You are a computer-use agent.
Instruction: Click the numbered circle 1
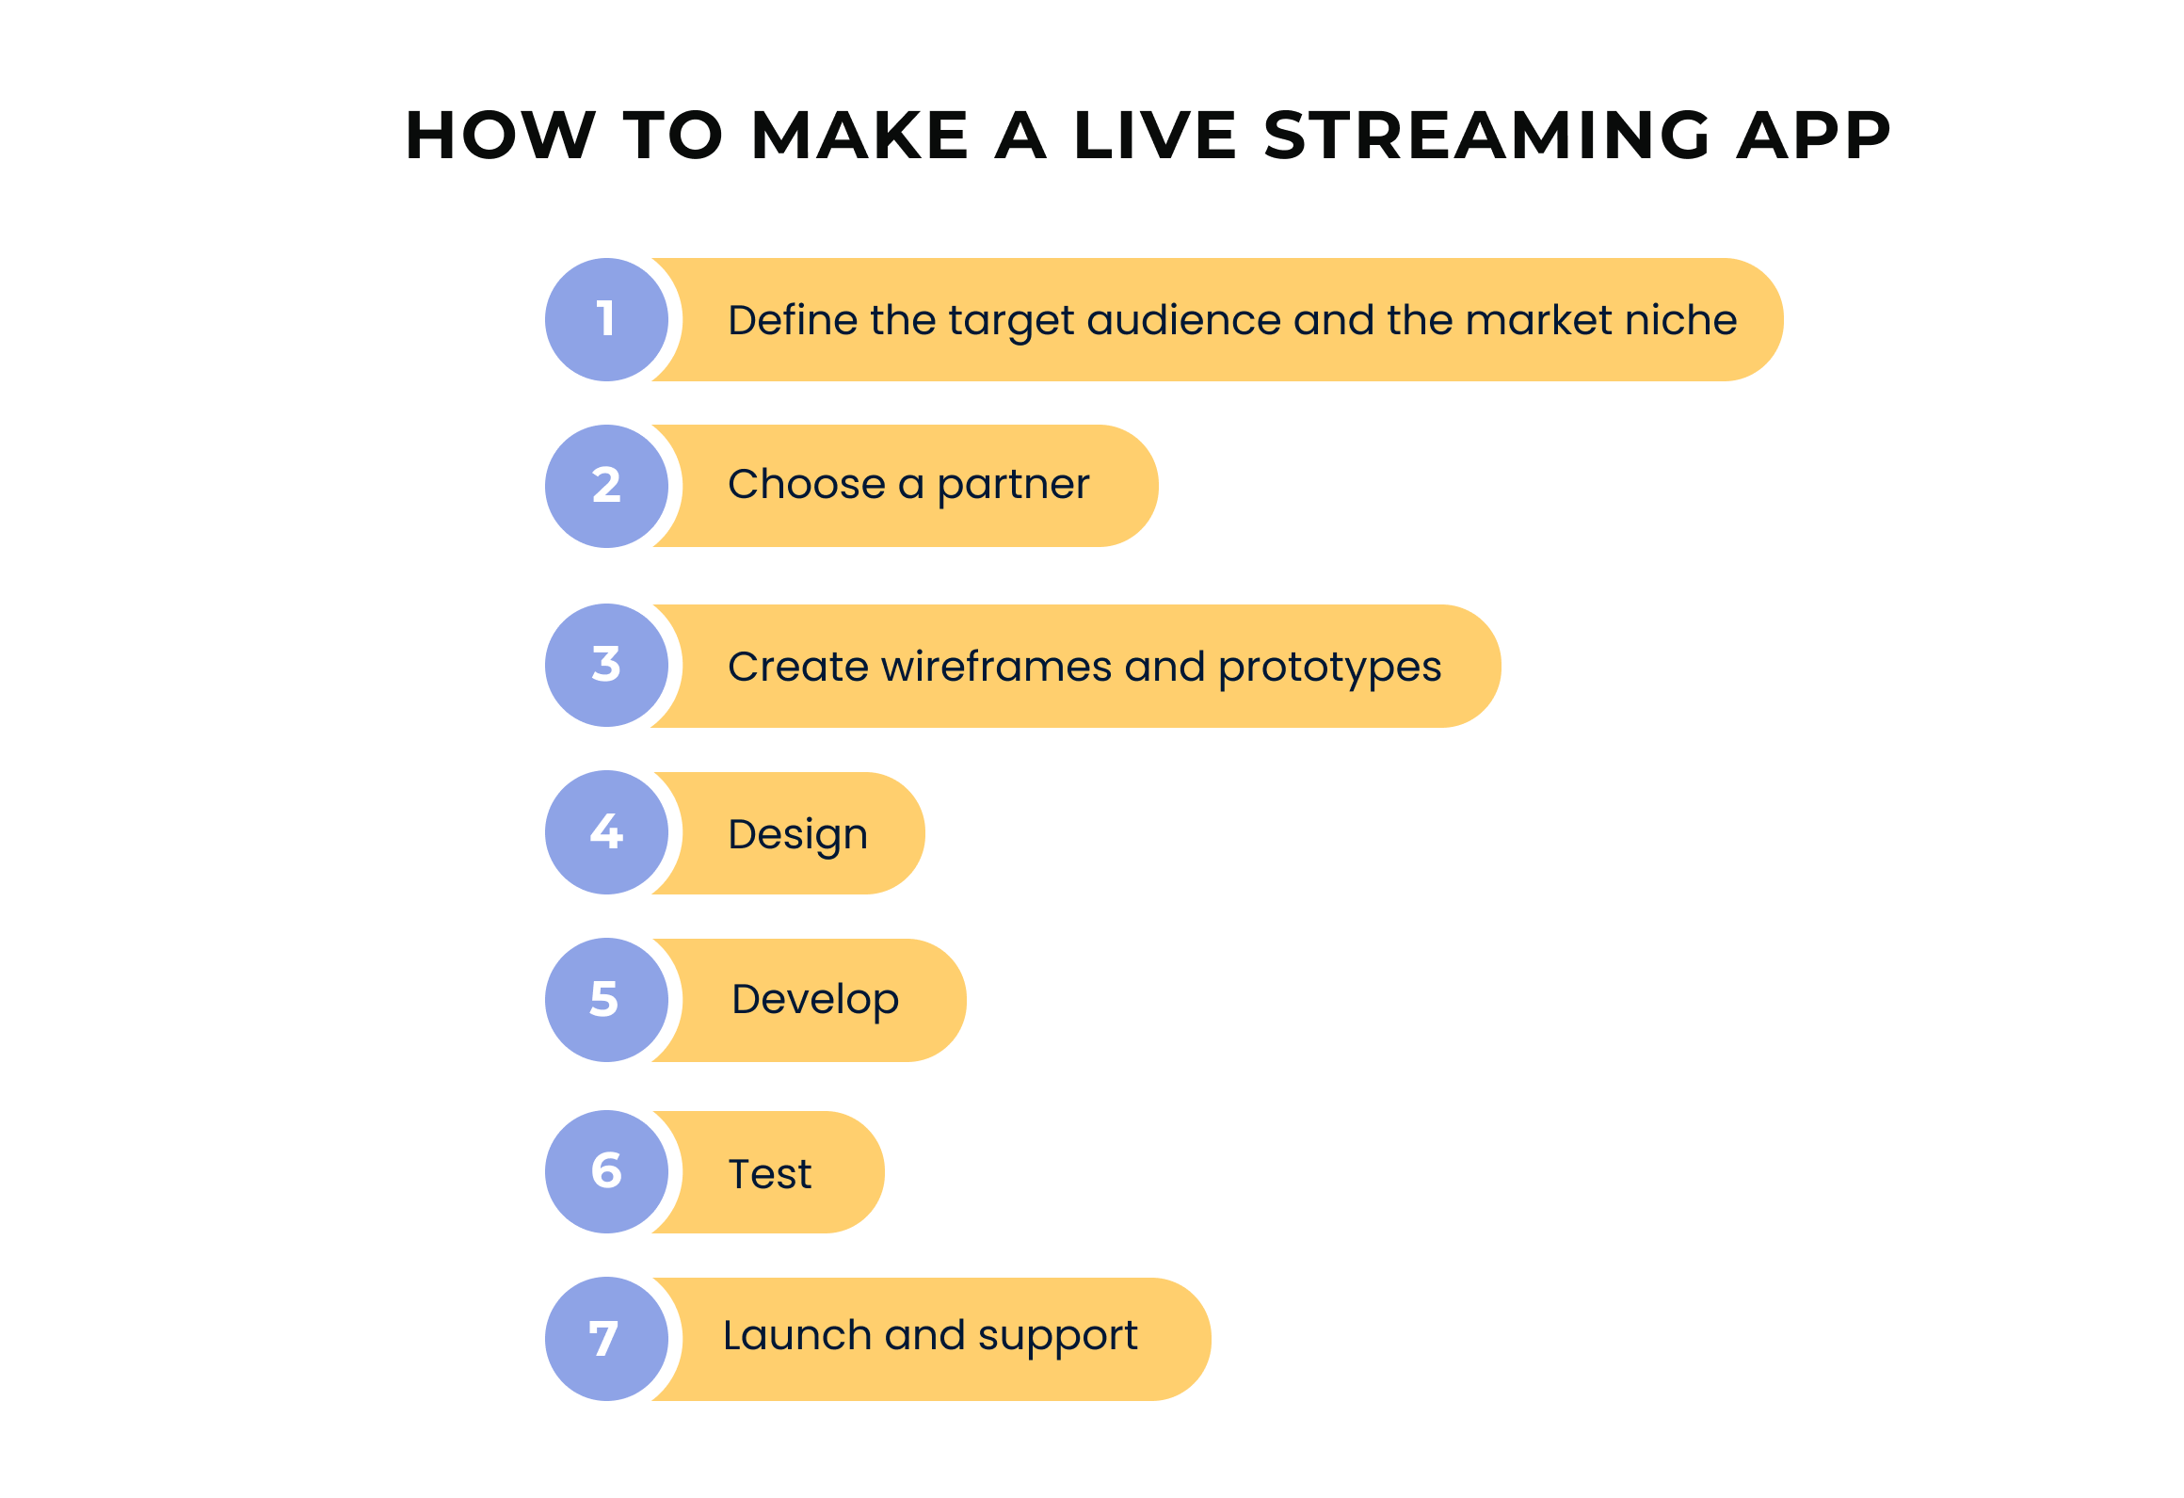click(607, 319)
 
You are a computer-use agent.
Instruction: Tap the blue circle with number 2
click(607, 486)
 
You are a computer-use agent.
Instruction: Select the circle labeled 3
click(607, 665)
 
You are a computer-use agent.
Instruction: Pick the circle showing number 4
click(607, 832)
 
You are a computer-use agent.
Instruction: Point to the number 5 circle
click(607, 1000)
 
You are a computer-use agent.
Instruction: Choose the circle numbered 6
click(607, 1171)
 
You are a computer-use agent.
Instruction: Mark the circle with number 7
click(607, 1339)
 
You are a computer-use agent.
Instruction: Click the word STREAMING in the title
click(1486, 135)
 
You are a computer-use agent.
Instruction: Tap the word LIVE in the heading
click(1154, 135)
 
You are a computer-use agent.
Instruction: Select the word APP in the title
click(1813, 135)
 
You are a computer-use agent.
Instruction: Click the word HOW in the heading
click(501, 135)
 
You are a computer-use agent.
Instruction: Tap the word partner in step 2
click(1013, 486)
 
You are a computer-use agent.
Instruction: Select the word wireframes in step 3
click(997, 667)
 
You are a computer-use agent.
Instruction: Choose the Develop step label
click(815, 1000)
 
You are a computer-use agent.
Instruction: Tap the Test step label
click(770, 1174)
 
